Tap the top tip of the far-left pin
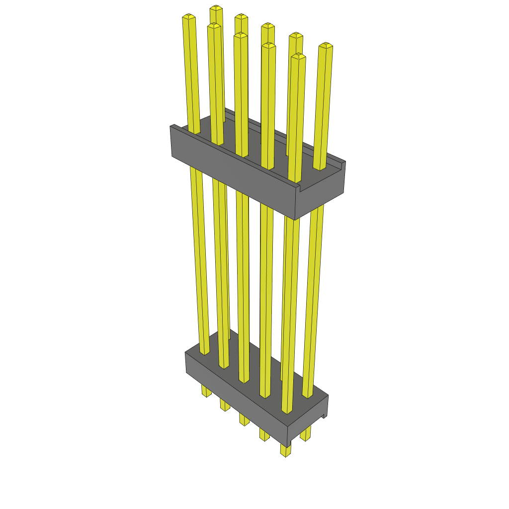[x=189, y=17]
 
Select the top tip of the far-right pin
[x=326, y=46]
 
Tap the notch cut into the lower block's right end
[x=324, y=416]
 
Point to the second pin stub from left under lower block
[x=225, y=405]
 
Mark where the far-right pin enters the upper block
[x=319, y=167]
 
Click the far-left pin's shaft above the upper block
[x=191, y=75]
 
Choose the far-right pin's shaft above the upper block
[x=323, y=104]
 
